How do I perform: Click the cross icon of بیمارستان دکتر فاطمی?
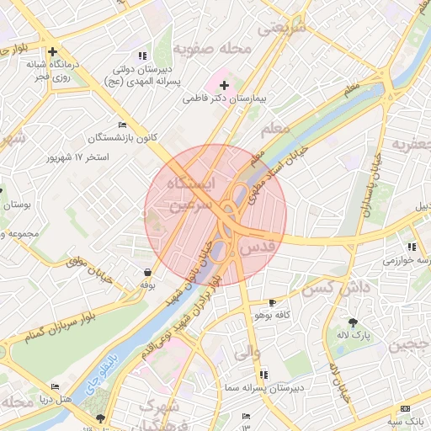coord(224,85)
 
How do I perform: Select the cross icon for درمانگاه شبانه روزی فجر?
coord(53,51)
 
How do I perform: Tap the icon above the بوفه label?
coord(148,273)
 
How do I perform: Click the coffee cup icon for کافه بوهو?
coord(271,302)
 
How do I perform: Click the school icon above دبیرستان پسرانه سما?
coord(264,374)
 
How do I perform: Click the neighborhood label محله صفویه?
coord(222,49)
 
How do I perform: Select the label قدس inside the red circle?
coord(258,247)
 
